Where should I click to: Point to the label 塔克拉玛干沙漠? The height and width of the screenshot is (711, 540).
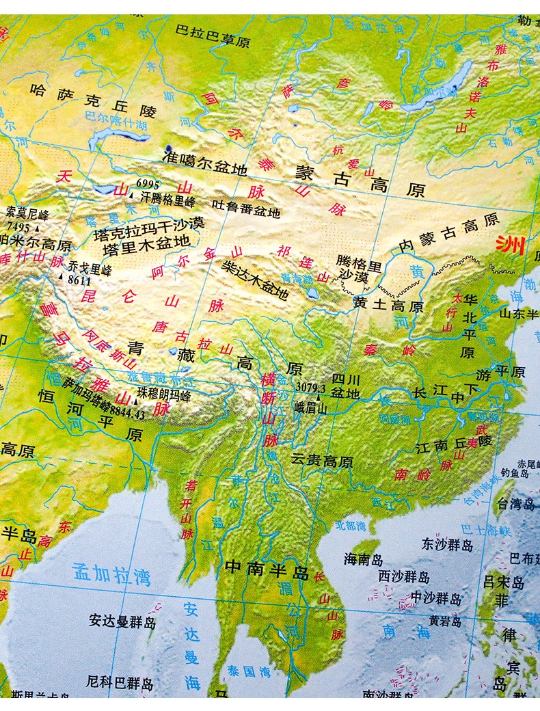(150, 224)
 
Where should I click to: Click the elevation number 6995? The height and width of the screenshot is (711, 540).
(146, 183)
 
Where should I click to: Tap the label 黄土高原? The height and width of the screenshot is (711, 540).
(389, 305)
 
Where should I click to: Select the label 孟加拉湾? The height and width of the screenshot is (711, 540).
(111, 574)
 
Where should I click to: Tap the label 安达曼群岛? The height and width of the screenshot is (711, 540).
(122, 621)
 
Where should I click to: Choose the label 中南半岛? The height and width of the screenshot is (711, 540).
(267, 566)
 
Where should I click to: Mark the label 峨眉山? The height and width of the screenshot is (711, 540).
(311, 409)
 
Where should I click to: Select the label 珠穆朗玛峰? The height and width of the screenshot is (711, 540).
(163, 395)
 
